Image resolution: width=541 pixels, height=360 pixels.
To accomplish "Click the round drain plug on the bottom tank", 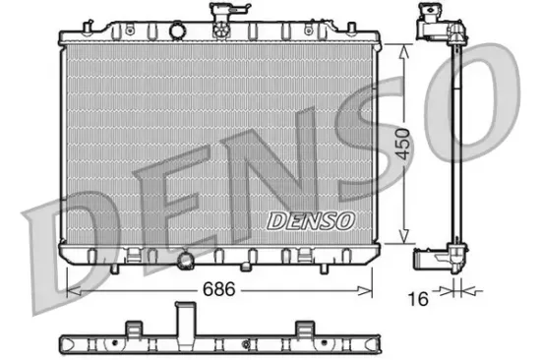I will coord(186,261).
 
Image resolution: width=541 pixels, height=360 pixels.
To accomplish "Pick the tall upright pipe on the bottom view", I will coord(184,322).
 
